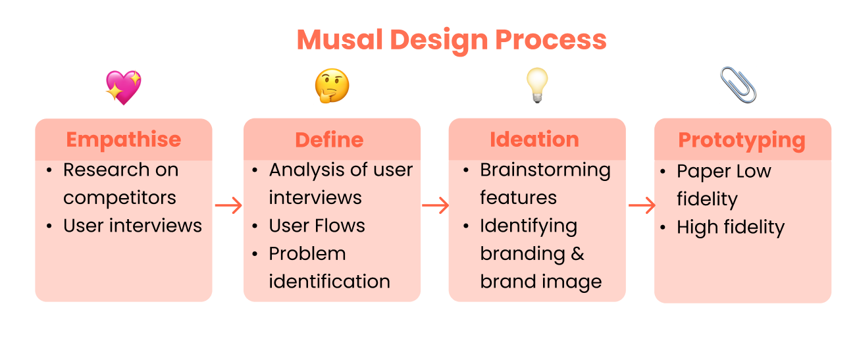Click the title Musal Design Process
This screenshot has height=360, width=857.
pyautogui.click(x=452, y=40)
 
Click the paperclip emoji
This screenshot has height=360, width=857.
pyautogui.click(x=738, y=85)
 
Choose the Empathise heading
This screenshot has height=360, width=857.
pyautogui.click(x=124, y=140)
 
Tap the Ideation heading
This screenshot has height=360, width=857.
pyautogui.click(x=534, y=140)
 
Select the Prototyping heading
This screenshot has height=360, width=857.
pyautogui.click(x=742, y=140)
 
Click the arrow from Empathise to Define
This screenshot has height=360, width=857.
pyautogui.click(x=228, y=206)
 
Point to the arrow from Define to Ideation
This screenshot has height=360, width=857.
pyautogui.click(x=434, y=206)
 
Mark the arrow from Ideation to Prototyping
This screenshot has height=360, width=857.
pyautogui.click(x=642, y=206)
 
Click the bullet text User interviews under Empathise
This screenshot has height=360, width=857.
pyautogui.click(x=132, y=226)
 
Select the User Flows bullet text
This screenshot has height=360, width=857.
pyautogui.click(x=317, y=226)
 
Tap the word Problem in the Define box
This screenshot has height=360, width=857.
pyautogui.click(x=307, y=253)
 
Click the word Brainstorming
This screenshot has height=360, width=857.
pyautogui.click(x=545, y=170)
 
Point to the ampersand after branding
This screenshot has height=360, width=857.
pyautogui.click(x=577, y=253)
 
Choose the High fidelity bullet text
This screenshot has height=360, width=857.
pyautogui.click(x=731, y=228)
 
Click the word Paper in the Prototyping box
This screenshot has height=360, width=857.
pyautogui.click(x=700, y=172)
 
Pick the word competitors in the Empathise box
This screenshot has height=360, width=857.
pyautogui.click(x=120, y=197)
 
